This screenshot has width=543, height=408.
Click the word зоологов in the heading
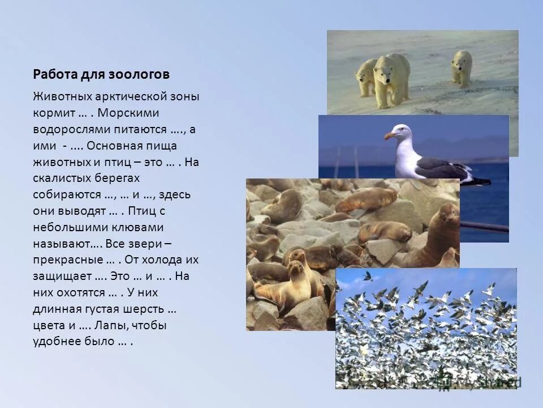145,75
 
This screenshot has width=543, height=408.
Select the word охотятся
82,293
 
